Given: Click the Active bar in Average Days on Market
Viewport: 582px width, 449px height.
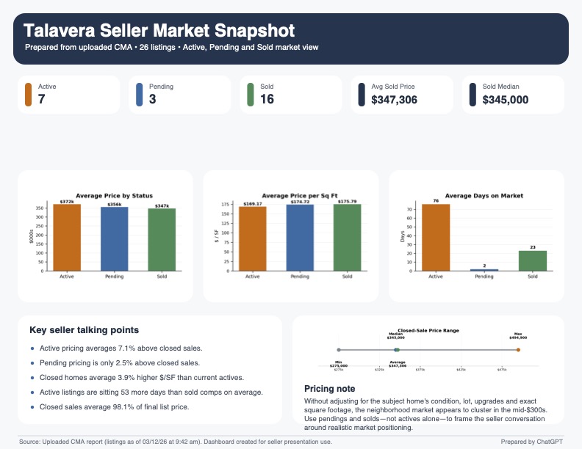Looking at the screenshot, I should [435, 238].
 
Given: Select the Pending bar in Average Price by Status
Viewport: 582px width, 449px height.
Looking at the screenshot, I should [114, 239].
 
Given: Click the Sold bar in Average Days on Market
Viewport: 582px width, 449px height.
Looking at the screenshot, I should [532, 261].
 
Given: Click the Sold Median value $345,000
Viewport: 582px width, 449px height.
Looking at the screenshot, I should [506, 99].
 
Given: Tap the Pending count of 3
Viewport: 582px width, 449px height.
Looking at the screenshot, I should [152, 99].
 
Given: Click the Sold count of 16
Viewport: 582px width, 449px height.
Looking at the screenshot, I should [267, 99].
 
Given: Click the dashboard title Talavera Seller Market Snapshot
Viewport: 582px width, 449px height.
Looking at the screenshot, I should [159, 31].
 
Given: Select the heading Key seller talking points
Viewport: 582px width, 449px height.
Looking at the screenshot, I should [85, 330].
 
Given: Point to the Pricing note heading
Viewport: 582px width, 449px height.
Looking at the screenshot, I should [329, 388].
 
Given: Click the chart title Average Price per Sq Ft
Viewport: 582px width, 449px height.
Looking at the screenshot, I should [291, 196].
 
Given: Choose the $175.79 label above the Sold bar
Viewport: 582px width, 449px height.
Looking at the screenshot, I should [347, 202].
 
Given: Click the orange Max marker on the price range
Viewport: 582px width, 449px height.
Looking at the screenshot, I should [518, 350].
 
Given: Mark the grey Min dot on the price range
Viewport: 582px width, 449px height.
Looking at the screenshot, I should [339, 350].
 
